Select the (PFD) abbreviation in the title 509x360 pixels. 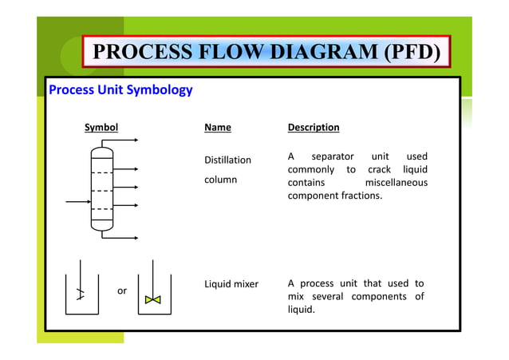(411, 53)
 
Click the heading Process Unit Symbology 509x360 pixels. (120, 89)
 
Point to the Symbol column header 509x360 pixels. (101, 127)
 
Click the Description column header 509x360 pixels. (313, 127)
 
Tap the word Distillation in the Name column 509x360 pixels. (227, 160)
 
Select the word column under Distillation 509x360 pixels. (220, 180)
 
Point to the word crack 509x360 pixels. (381, 169)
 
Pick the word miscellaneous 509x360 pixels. (396, 183)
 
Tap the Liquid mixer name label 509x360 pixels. (231, 283)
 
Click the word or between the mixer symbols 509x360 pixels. (122, 291)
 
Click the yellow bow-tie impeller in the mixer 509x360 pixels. (153, 300)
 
